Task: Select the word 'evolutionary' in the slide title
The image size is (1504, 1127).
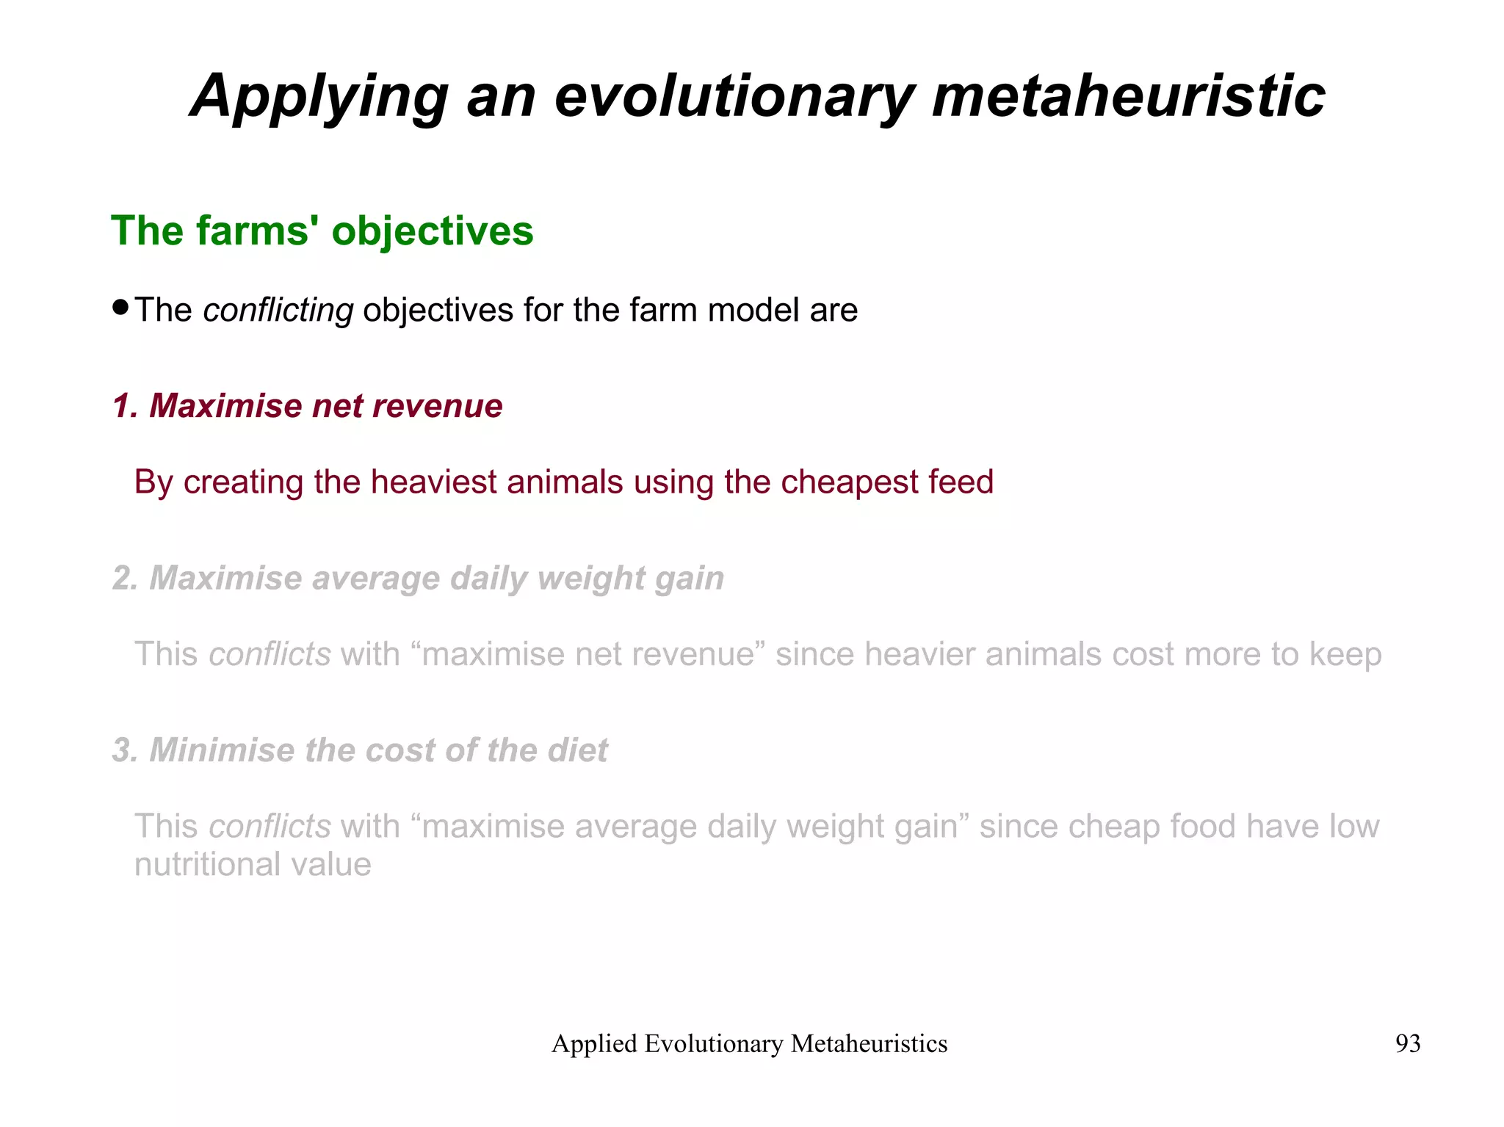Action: pos(734,98)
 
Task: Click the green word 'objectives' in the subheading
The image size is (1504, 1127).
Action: pos(433,231)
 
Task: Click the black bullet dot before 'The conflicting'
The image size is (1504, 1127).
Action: pos(121,306)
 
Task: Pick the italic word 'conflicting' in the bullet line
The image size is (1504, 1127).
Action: pos(278,310)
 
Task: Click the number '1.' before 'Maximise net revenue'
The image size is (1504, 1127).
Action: pos(126,406)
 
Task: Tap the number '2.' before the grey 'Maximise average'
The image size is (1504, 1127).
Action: pos(126,579)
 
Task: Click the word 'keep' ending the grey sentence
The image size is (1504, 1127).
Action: pos(1345,654)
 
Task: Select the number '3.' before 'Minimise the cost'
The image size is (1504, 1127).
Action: pos(126,750)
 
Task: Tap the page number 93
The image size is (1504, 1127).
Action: pos(1407,1043)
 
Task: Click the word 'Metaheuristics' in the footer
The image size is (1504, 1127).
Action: pos(869,1043)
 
